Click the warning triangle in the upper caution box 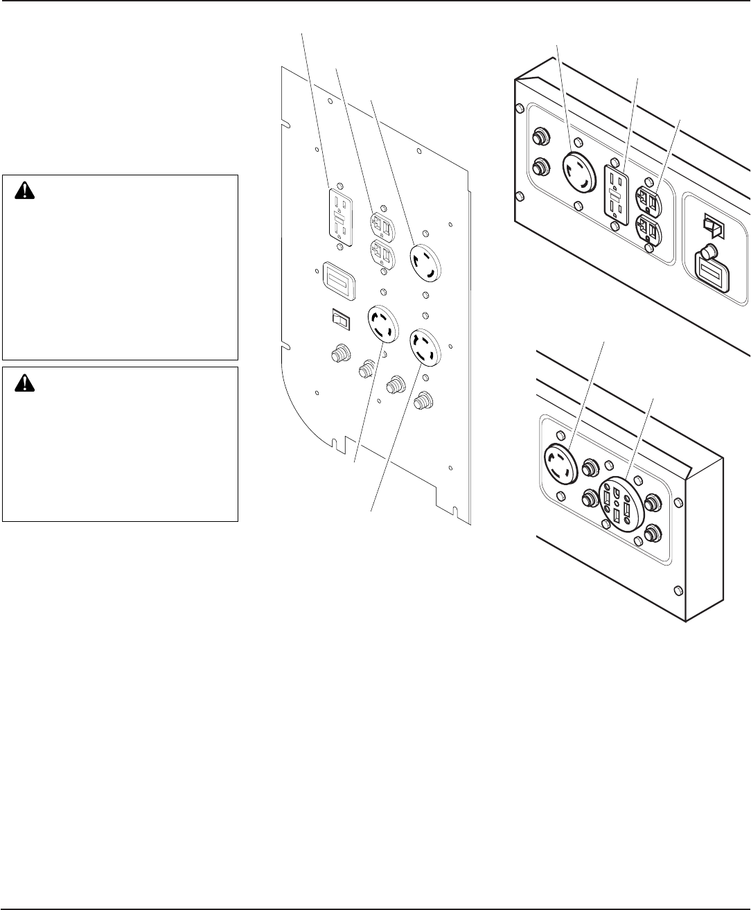(26, 191)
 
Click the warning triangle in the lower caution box (26, 383)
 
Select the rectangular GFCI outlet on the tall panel (338, 215)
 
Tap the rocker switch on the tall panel (341, 319)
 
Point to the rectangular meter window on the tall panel (339, 282)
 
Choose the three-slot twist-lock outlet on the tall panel (426, 263)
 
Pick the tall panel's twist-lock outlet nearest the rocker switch (383, 324)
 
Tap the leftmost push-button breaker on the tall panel (339, 356)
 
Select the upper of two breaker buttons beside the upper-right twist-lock (538, 137)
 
